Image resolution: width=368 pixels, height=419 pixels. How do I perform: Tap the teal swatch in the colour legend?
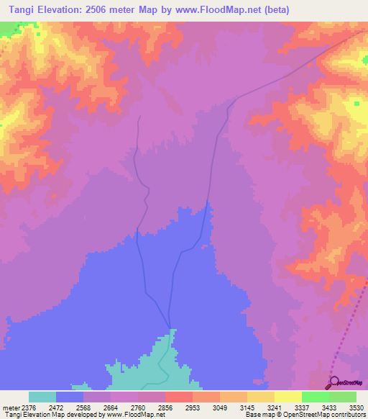click(42, 396)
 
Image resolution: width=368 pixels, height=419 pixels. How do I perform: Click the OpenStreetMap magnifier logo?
click(332, 382)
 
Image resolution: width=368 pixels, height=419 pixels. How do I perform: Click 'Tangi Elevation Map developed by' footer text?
click(51, 414)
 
